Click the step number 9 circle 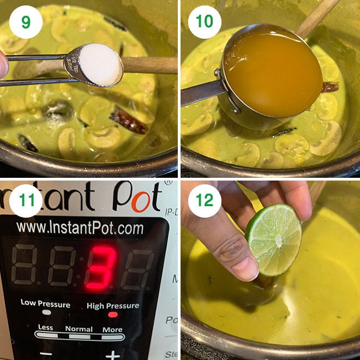click(x=26, y=22)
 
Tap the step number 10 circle click(x=205, y=22)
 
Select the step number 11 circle click(x=26, y=201)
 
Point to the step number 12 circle click(x=205, y=201)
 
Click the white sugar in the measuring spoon click(x=101, y=64)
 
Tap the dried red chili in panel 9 click(x=128, y=121)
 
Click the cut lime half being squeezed click(x=274, y=241)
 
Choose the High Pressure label click(x=113, y=305)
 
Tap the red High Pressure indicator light click(x=113, y=315)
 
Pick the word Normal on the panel click(x=79, y=329)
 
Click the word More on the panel click(x=112, y=329)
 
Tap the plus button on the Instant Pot click(x=113, y=354)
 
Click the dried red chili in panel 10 click(x=329, y=87)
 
